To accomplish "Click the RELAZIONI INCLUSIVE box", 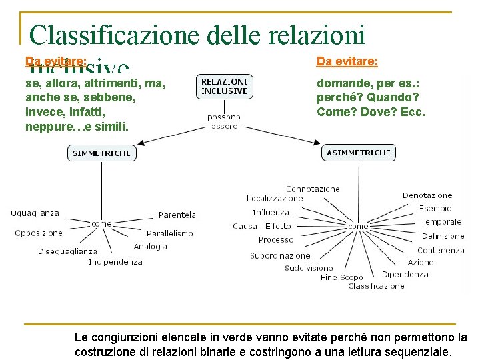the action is (225, 86).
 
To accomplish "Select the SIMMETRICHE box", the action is (101, 153).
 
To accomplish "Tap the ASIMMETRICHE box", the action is (358, 153).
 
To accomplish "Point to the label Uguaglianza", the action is (35, 213).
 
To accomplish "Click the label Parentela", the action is (177, 215).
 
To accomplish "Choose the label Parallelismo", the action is (169, 233).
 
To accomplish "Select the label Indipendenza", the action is (115, 262).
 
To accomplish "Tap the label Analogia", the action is (150, 247).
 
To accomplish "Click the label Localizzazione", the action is (275, 198).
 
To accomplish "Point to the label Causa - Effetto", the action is (262, 226).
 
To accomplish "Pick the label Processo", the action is (276, 240).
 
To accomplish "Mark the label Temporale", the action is (441, 221).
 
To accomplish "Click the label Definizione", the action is (443, 236).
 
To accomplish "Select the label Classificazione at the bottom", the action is (376, 286).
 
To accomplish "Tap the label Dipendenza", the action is (405, 274).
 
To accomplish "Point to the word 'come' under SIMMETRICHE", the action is (101, 224).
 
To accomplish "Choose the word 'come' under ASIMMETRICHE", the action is (358, 226).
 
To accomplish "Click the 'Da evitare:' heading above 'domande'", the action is (347, 61).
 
